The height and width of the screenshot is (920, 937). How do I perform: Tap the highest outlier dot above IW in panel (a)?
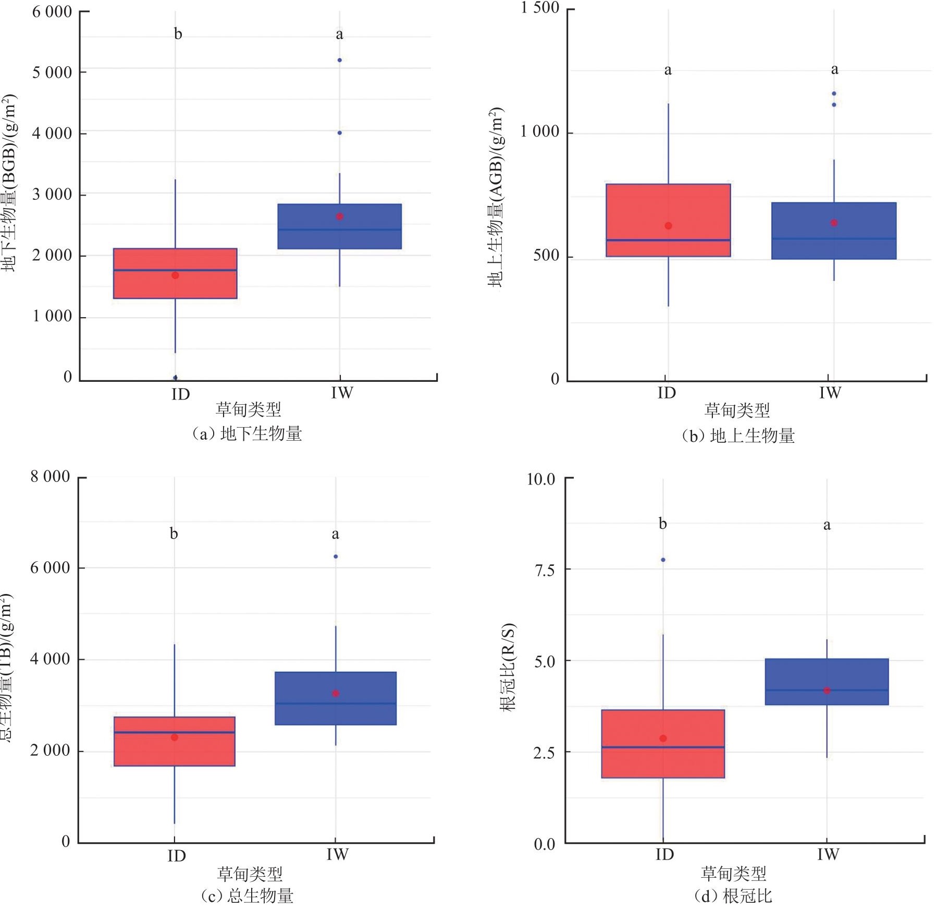pos(339,60)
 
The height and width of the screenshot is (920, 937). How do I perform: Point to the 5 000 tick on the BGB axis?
pos(52,72)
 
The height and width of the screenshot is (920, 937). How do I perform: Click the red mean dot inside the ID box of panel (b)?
pos(668,226)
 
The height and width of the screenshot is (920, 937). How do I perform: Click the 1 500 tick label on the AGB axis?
pos(540,8)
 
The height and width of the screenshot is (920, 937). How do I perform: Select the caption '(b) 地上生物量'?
pos(738,435)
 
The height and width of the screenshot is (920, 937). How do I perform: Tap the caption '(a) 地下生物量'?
pos(246,434)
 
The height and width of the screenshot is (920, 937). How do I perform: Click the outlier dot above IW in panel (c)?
pos(336,556)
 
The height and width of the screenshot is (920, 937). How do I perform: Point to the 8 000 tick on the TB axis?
pos(50,477)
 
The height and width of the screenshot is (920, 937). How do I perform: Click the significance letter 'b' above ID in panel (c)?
pos(174,534)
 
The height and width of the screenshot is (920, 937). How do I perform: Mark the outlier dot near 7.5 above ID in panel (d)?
pos(663,560)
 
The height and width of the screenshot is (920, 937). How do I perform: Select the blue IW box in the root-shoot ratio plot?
pos(827,682)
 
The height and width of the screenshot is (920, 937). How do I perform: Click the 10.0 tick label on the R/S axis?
pos(541,479)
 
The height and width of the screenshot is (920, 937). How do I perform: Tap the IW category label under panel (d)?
pos(828,854)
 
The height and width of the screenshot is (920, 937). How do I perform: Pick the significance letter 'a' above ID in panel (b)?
pos(668,70)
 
